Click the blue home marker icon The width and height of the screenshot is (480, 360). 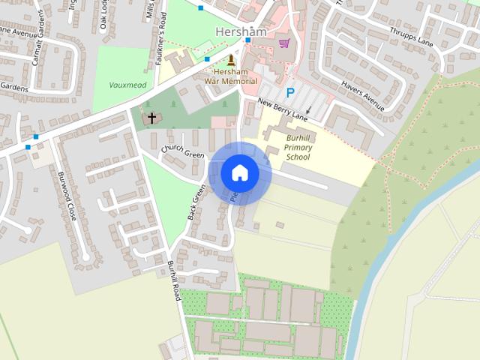click(x=240, y=172)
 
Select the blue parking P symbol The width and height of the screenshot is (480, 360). click(x=289, y=93)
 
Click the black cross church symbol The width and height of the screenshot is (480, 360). click(x=152, y=118)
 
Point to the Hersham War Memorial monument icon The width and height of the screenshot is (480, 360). click(x=231, y=60)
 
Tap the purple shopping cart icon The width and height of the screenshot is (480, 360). click(x=284, y=43)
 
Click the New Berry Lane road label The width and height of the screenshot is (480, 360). click(x=283, y=109)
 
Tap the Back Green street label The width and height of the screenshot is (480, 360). click(x=196, y=202)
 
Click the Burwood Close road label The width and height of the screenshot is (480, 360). click(x=67, y=196)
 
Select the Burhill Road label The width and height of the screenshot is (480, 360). click(x=175, y=280)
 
